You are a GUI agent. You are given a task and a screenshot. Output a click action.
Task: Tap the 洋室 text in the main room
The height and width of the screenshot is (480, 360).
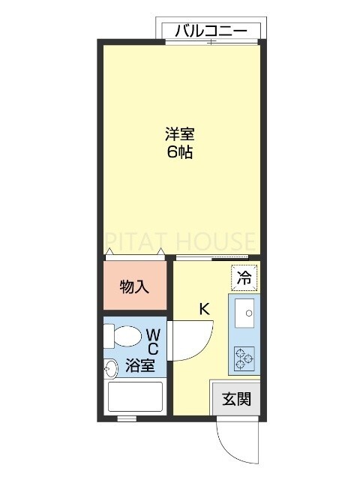tap(180, 136)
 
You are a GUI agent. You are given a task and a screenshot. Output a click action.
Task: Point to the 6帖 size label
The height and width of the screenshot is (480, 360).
tap(180, 154)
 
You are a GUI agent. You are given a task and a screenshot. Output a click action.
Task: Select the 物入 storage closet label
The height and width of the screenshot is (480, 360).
tap(134, 286)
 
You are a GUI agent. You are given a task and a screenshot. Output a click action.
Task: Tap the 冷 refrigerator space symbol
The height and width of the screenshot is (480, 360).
tap(243, 277)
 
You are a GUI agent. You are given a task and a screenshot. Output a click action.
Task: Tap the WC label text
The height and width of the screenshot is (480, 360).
tap(152, 340)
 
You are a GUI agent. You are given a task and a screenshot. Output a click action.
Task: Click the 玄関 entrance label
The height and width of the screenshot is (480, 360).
tap(237, 398)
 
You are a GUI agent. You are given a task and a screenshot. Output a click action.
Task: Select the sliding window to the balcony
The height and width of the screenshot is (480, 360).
tap(212, 43)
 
